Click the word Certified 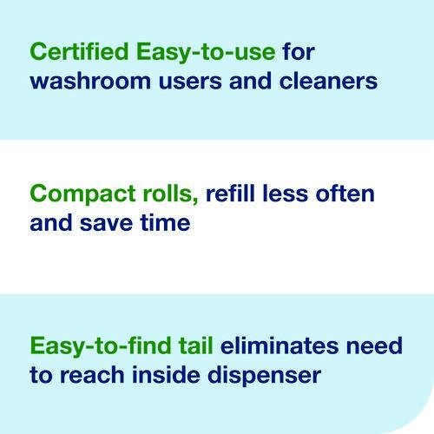(x=79, y=51)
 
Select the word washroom (x=90, y=81)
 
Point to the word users (x=190, y=82)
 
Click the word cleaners (x=328, y=81)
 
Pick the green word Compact (x=82, y=195)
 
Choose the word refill (x=230, y=194)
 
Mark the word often (x=345, y=194)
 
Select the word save (x=106, y=224)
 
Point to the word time (x=165, y=223)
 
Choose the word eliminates (x=279, y=345)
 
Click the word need (x=374, y=345)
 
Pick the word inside (x=166, y=375)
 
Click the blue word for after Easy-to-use (x=299, y=51)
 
